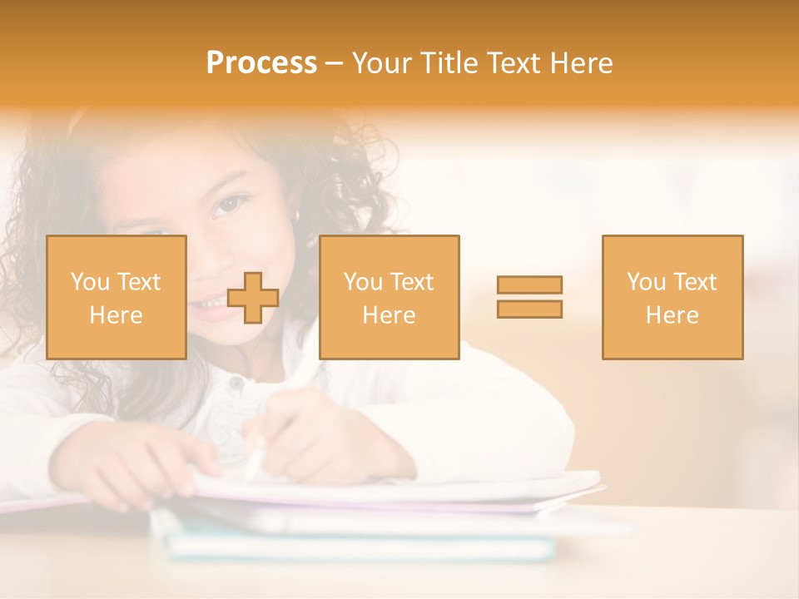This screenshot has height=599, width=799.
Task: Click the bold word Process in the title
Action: [x=261, y=63]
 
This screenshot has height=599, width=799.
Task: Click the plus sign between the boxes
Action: [x=253, y=298]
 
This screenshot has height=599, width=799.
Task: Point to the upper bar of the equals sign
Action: [x=529, y=285]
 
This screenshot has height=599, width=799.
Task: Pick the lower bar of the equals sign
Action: [x=529, y=309]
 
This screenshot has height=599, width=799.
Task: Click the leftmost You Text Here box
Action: [x=116, y=297]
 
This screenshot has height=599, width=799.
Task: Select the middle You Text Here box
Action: [x=389, y=297]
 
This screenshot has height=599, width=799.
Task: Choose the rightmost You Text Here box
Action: [x=672, y=297]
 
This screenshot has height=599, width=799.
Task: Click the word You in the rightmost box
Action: [x=645, y=282]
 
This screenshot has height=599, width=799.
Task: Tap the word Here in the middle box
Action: [x=389, y=315]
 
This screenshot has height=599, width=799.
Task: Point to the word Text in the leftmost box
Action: [x=138, y=282]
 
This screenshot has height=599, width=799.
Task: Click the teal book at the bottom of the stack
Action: [x=358, y=547]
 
